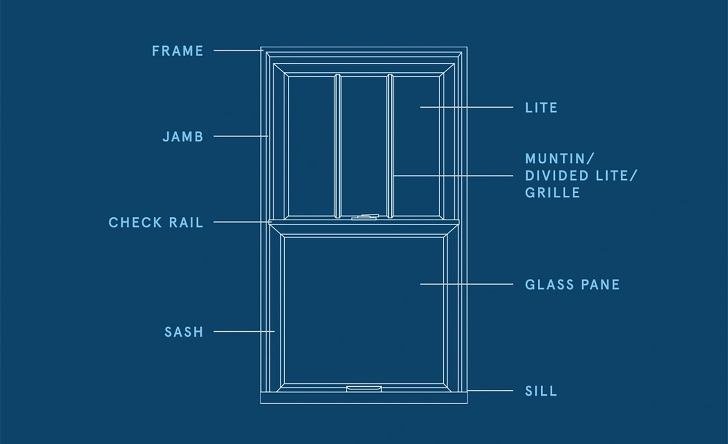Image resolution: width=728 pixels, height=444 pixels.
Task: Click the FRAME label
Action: tap(177, 51)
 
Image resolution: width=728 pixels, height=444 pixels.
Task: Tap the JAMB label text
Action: tap(183, 136)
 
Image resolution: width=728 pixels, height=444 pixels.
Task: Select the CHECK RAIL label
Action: tap(156, 223)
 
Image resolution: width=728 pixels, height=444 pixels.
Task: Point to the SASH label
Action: tap(184, 332)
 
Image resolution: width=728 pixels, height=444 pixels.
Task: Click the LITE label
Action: tap(541, 108)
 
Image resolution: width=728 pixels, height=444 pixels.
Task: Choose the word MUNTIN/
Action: tap(560, 158)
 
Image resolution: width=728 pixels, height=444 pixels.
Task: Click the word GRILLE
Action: tap(552, 193)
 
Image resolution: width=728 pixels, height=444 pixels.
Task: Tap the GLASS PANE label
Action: tap(572, 284)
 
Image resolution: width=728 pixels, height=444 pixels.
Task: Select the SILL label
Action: tap(541, 391)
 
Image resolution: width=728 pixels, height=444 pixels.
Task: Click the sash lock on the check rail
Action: tap(365, 217)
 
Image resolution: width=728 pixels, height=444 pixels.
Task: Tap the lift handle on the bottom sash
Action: tap(364, 389)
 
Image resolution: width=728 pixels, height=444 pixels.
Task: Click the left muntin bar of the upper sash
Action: tap(337, 146)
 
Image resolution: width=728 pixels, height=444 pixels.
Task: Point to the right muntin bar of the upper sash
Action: tap(390, 146)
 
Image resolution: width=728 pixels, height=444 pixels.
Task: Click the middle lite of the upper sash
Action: tap(364, 146)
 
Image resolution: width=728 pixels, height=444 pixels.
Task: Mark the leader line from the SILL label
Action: tap(490, 391)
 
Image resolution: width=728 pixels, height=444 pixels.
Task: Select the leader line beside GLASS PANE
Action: tap(466, 284)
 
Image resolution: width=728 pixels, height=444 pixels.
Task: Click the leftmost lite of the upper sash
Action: tap(311, 146)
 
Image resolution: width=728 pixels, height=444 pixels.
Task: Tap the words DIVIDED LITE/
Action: tap(581, 176)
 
